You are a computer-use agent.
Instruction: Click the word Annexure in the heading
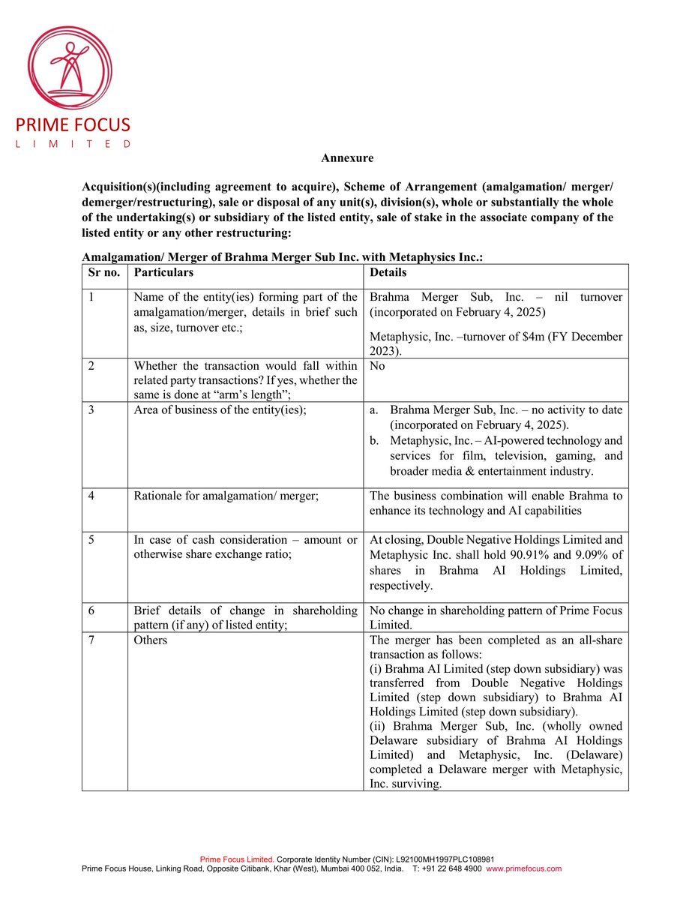tap(347, 158)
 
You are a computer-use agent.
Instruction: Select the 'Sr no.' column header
tap(104, 272)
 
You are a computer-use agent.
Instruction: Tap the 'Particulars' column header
tap(163, 272)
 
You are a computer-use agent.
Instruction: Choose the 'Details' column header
tap(388, 272)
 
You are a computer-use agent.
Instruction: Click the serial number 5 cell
tap(91, 540)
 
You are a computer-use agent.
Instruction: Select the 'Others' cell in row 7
tap(151, 640)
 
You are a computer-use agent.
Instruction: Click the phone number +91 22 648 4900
tap(453, 868)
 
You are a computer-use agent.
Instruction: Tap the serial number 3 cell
tap(91, 409)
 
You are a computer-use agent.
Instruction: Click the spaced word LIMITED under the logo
tap(73, 143)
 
